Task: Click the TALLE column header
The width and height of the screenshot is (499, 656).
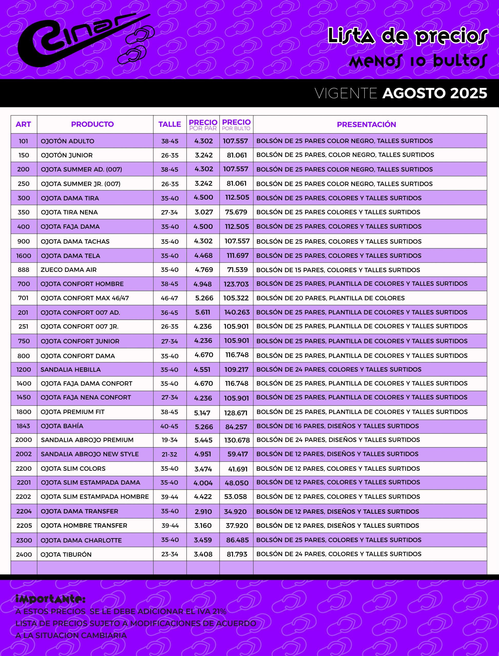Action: (x=169, y=124)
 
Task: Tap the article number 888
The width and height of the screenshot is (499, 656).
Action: (x=24, y=270)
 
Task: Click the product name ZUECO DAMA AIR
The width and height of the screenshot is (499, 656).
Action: (x=69, y=270)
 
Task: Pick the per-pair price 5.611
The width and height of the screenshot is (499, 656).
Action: (x=203, y=312)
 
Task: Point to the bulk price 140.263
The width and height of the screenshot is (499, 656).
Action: (x=237, y=312)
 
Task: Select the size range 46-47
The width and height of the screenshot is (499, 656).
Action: (x=169, y=298)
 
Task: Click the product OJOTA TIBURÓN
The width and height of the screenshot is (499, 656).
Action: (x=66, y=555)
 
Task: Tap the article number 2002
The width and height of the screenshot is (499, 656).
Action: (x=24, y=454)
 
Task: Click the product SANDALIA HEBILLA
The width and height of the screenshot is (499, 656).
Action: (x=71, y=370)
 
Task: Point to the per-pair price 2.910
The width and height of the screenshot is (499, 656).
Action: (x=203, y=512)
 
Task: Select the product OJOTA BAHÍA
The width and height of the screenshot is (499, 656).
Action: (x=62, y=426)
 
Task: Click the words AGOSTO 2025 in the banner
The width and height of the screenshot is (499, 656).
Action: (x=435, y=93)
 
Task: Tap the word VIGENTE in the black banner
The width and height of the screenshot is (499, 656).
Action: (x=346, y=94)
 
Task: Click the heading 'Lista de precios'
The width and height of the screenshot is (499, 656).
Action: (x=407, y=36)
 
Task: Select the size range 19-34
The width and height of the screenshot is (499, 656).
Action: (x=169, y=440)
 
